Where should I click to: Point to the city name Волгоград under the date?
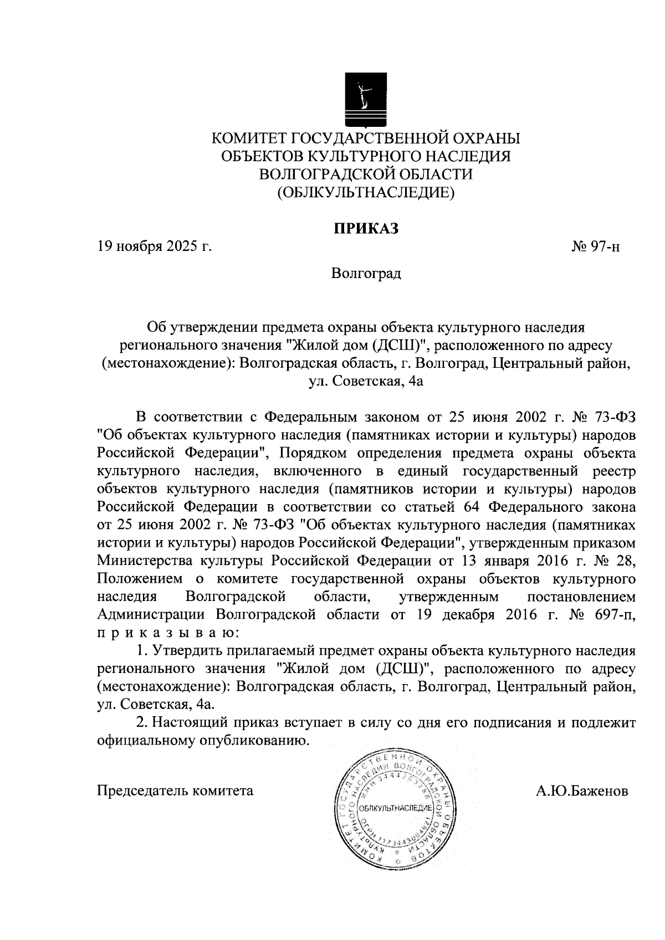365,274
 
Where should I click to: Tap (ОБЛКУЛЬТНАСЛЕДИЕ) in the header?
365,192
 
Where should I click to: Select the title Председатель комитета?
175,790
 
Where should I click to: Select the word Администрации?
153,614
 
